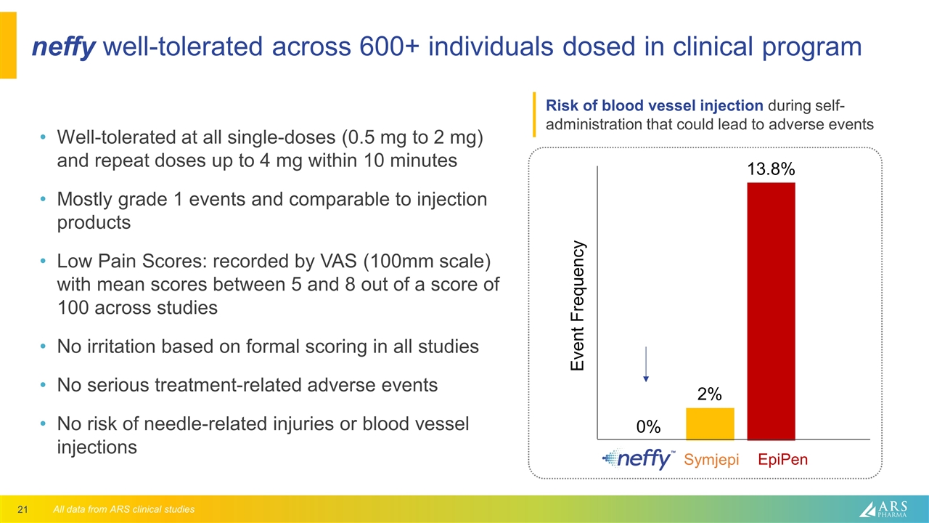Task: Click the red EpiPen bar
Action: coord(771,311)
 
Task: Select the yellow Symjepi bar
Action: coord(710,423)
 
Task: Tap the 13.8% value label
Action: coord(771,169)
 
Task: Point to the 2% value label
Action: coord(709,394)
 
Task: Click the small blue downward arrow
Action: coord(645,364)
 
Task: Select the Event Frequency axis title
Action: coord(578,306)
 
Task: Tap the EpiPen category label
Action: coord(782,460)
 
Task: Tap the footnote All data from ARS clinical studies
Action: coord(124,509)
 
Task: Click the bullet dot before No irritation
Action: coord(45,347)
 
